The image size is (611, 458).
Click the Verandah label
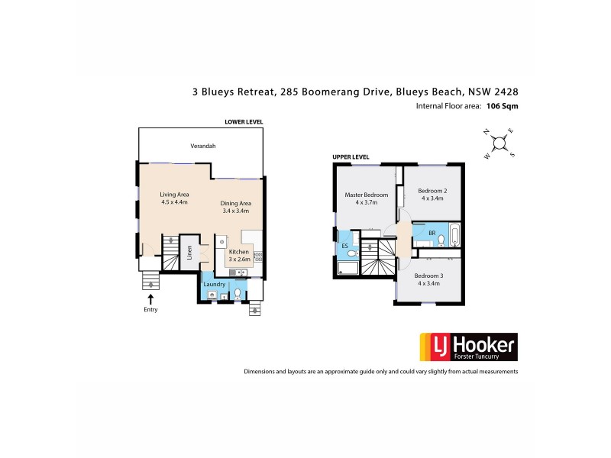tap(202, 146)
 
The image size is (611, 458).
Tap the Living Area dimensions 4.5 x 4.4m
tap(175, 202)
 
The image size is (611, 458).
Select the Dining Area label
tap(236, 203)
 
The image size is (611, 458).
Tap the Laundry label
tap(214, 284)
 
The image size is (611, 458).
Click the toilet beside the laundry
tap(238, 293)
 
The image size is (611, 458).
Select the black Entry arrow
tap(150, 298)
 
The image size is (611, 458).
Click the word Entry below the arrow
tap(150, 311)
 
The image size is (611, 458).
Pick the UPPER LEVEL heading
tap(351, 157)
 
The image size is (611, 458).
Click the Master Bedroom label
tap(367, 195)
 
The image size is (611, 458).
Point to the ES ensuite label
tap(345, 246)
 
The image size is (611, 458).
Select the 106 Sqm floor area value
tap(502, 107)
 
